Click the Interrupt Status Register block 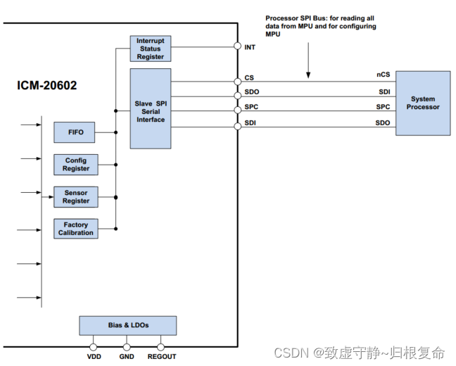click(x=151, y=49)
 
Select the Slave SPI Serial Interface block click(x=150, y=108)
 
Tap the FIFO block click(x=75, y=132)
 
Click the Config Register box click(x=76, y=165)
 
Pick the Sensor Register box click(x=76, y=197)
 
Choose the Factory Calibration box click(x=76, y=228)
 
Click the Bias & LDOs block click(x=128, y=325)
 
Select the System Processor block click(x=423, y=103)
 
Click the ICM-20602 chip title click(x=47, y=86)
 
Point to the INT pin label click(x=250, y=48)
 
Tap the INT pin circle click(x=237, y=47)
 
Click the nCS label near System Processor click(x=383, y=75)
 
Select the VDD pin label click(x=94, y=357)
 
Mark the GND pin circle click(x=127, y=346)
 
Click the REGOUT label click(x=162, y=357)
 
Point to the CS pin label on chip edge click(x=249, y=77)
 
